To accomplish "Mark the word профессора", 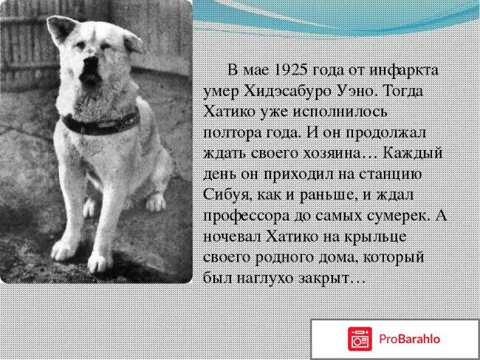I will pyautogui.click(x=247, y=215).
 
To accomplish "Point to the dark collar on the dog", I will pyautogui.click(x=100, y=122).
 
